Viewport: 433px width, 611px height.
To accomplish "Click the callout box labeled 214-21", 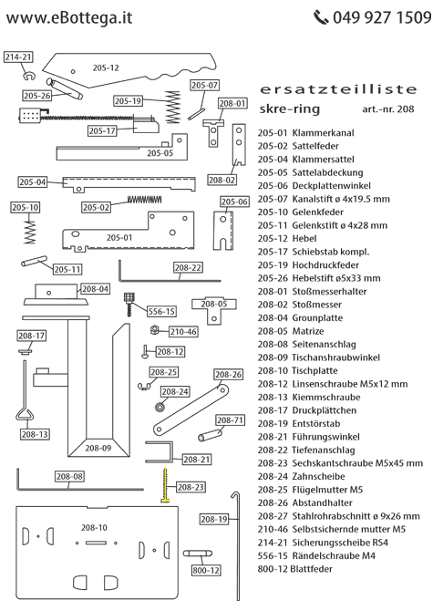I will pos(18,57).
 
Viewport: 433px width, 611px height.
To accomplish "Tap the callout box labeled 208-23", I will pos(191,487).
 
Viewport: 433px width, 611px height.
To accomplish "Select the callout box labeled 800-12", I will pos(206,570).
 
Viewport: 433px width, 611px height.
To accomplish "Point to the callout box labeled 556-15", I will pos(163,310).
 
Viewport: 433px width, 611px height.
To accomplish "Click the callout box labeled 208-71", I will pos(231,420).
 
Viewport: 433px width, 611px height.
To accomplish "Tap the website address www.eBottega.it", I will pos(68,16).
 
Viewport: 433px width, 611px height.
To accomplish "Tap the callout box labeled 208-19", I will pos(211,520).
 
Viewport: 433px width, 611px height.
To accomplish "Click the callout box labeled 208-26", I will pos(229,375).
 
